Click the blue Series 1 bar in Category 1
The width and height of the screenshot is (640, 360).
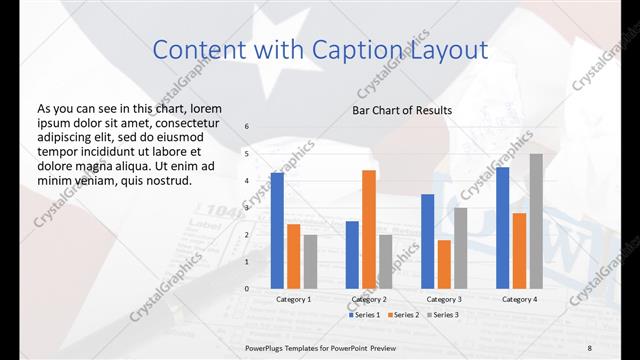pyautogui.click(x=277, y=231)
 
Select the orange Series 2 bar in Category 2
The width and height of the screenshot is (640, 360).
pyautogui.click(x=368, y=229)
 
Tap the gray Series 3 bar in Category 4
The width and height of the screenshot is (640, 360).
pyautogui.click(x=536, y=221)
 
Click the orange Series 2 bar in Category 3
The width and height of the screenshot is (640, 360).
pyautogui.click(x=443, y=264)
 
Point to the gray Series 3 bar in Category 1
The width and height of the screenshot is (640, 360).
pyautogui.click(x=310, y=261)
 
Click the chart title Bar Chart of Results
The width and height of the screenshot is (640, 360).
pyautogui.click(x=401, y=110)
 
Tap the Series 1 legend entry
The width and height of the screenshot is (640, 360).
pyautogui.click(x=363, y=315)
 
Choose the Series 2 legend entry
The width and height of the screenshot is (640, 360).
pyautogui.click(x=403, y=315)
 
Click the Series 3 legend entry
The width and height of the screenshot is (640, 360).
pyautogui.click(x=443, y=315)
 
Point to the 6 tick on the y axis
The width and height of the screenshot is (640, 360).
pyautogui.click(x=247, y=127)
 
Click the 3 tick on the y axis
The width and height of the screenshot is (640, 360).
pyautogui.click(x=247, y=208)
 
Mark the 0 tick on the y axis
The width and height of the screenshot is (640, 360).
pyautogui.click(x=247, y=288)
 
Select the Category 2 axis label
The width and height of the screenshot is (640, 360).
pyautogui.click(x=368, y=299)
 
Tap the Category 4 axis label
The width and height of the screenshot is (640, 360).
pyautogui.click(x=519, y=299)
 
